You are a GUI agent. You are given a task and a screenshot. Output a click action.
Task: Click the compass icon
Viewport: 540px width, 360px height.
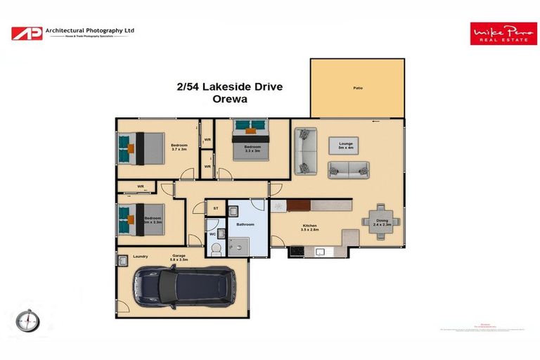(x=27, y=321)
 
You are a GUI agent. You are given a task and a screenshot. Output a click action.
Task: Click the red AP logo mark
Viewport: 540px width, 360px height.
(x=26, y=32)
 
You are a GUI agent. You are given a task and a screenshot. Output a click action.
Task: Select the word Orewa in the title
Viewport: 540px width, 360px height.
(x=230, y=100)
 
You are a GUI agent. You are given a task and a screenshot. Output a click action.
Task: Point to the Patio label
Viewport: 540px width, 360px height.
(x=357, y=89)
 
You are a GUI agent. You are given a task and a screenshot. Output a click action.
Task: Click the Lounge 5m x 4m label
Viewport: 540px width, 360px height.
(x=345, y=146)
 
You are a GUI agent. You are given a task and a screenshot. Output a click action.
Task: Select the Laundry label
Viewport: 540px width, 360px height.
(x=139, y=257)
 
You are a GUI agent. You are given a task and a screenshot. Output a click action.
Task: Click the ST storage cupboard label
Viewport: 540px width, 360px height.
(x=215, y=208)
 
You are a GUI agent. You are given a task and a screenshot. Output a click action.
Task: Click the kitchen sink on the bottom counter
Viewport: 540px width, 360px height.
(x=320, y=251)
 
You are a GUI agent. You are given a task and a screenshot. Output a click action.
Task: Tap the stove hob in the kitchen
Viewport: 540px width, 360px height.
(x=296, y=251)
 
